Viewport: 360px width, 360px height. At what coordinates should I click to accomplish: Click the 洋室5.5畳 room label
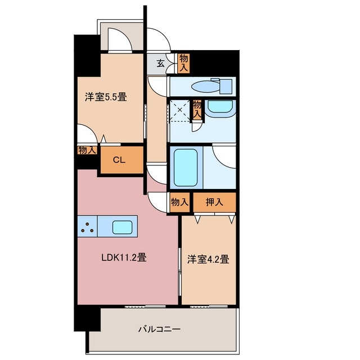click(106, 96)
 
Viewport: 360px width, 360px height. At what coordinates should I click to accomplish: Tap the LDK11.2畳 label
click(124, 258)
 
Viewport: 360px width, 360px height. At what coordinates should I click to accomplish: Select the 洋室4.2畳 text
click(208, 260)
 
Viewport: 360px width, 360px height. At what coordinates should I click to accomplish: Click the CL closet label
click(118, 160)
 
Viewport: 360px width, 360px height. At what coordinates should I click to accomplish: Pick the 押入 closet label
click(214, 202)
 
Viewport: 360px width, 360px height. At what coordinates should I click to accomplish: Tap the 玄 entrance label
click(160, 64)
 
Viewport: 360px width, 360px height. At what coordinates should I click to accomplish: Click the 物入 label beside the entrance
click(183, 62)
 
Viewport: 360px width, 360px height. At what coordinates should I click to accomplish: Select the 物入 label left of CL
click(87, 150)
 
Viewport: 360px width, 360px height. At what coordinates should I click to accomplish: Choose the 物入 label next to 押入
click(179, 202)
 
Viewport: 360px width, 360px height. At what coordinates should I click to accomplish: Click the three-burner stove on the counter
click(87, 227)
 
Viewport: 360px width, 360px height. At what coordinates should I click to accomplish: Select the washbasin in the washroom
click(219, 107)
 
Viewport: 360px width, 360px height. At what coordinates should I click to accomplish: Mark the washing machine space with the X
click(180, 110)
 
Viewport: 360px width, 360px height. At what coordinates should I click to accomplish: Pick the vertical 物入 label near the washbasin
click(197, 109)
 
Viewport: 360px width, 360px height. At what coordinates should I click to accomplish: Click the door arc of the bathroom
click(225, 156)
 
